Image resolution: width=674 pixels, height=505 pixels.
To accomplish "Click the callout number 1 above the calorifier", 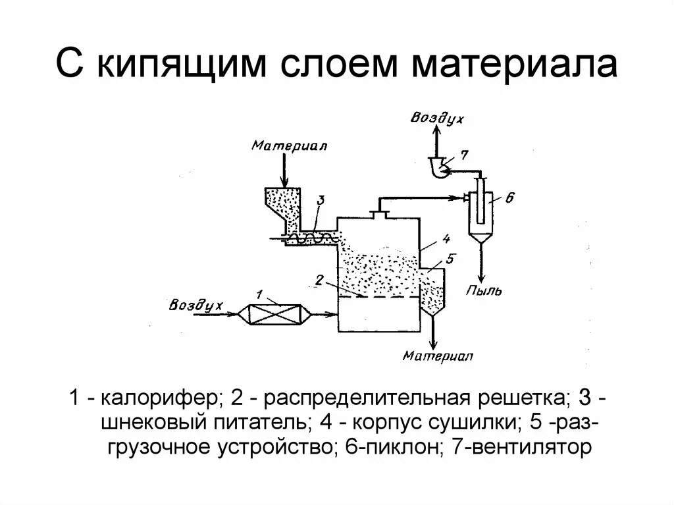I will pyautogui.click(x=259, y=293).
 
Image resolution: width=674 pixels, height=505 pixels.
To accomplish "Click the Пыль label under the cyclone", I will pyautogui.click(x=484, y=290).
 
